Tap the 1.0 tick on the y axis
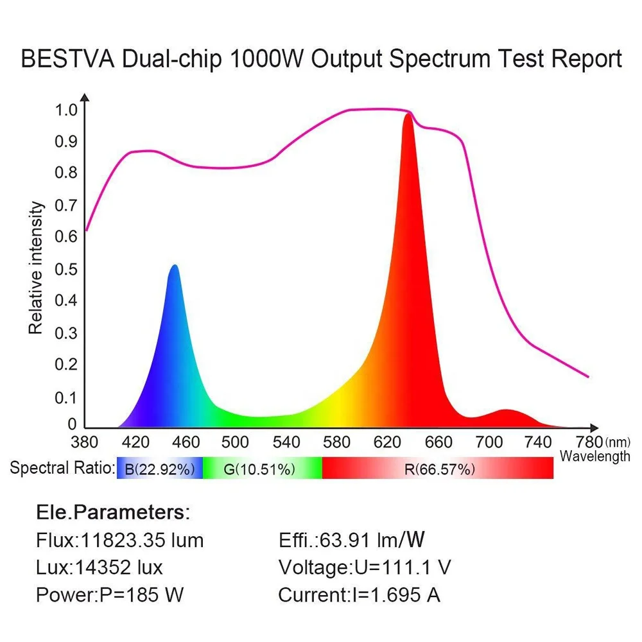[x=65, y=110]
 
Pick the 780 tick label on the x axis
[x=589, y=442]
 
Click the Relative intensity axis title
[x=36, y=268]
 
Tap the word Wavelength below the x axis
[x=594, y=456]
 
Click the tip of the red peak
[x=408, y=114]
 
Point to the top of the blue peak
[x=173, y=266]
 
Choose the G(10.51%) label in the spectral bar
[x=259, y=469]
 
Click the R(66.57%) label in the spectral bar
[x=440, y=469]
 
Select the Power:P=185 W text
[x=110, y=594]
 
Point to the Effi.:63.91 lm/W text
[x=352, y=540]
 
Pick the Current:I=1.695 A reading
[x=360, y=594]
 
